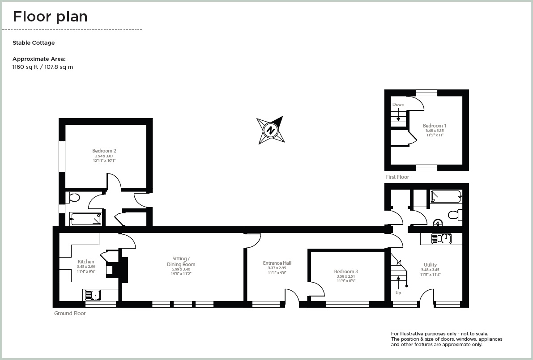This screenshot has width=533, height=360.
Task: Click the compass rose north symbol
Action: click(x=270, y=130)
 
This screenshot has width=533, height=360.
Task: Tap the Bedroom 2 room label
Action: click(x=104, y=151)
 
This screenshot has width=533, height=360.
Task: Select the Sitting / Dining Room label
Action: click(x=184, y=261)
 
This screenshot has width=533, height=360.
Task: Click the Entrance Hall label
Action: click(x=277, y=263)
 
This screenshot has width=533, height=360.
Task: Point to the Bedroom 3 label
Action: click(x=346, y=271)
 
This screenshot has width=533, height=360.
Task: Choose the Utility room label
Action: click(x=430, y=265)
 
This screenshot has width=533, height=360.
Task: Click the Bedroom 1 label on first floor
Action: click(x=434, y=126)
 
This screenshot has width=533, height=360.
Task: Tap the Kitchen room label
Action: click(x=86, y=262)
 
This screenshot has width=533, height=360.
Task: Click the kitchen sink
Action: click(x=92, y=295)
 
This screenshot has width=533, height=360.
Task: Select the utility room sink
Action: click(x=441, y=239)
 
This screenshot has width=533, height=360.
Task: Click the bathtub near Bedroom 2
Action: click(x=86, y=219)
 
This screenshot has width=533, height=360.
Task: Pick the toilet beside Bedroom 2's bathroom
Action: click(x=73, y=197)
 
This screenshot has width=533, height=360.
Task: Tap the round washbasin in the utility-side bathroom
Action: click(x=438, y=222)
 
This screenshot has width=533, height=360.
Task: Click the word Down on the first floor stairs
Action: click(x=398, y=105)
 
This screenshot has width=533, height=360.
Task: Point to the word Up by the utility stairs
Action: click(x=398, y=293)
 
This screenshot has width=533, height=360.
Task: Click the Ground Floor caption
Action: click(x=70, y=313)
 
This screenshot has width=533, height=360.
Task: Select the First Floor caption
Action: click(x=397, y=177)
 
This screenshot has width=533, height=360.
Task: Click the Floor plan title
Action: click(x=50, y=17)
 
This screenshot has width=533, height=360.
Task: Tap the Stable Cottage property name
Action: click(x=34, y=43)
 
